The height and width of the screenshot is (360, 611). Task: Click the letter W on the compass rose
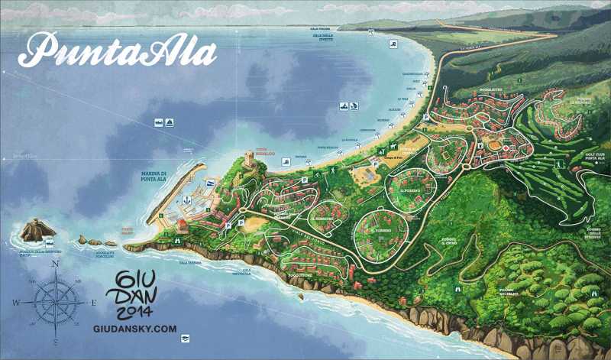point(16,303)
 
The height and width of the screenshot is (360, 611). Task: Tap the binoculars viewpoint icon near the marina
point(177,238)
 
